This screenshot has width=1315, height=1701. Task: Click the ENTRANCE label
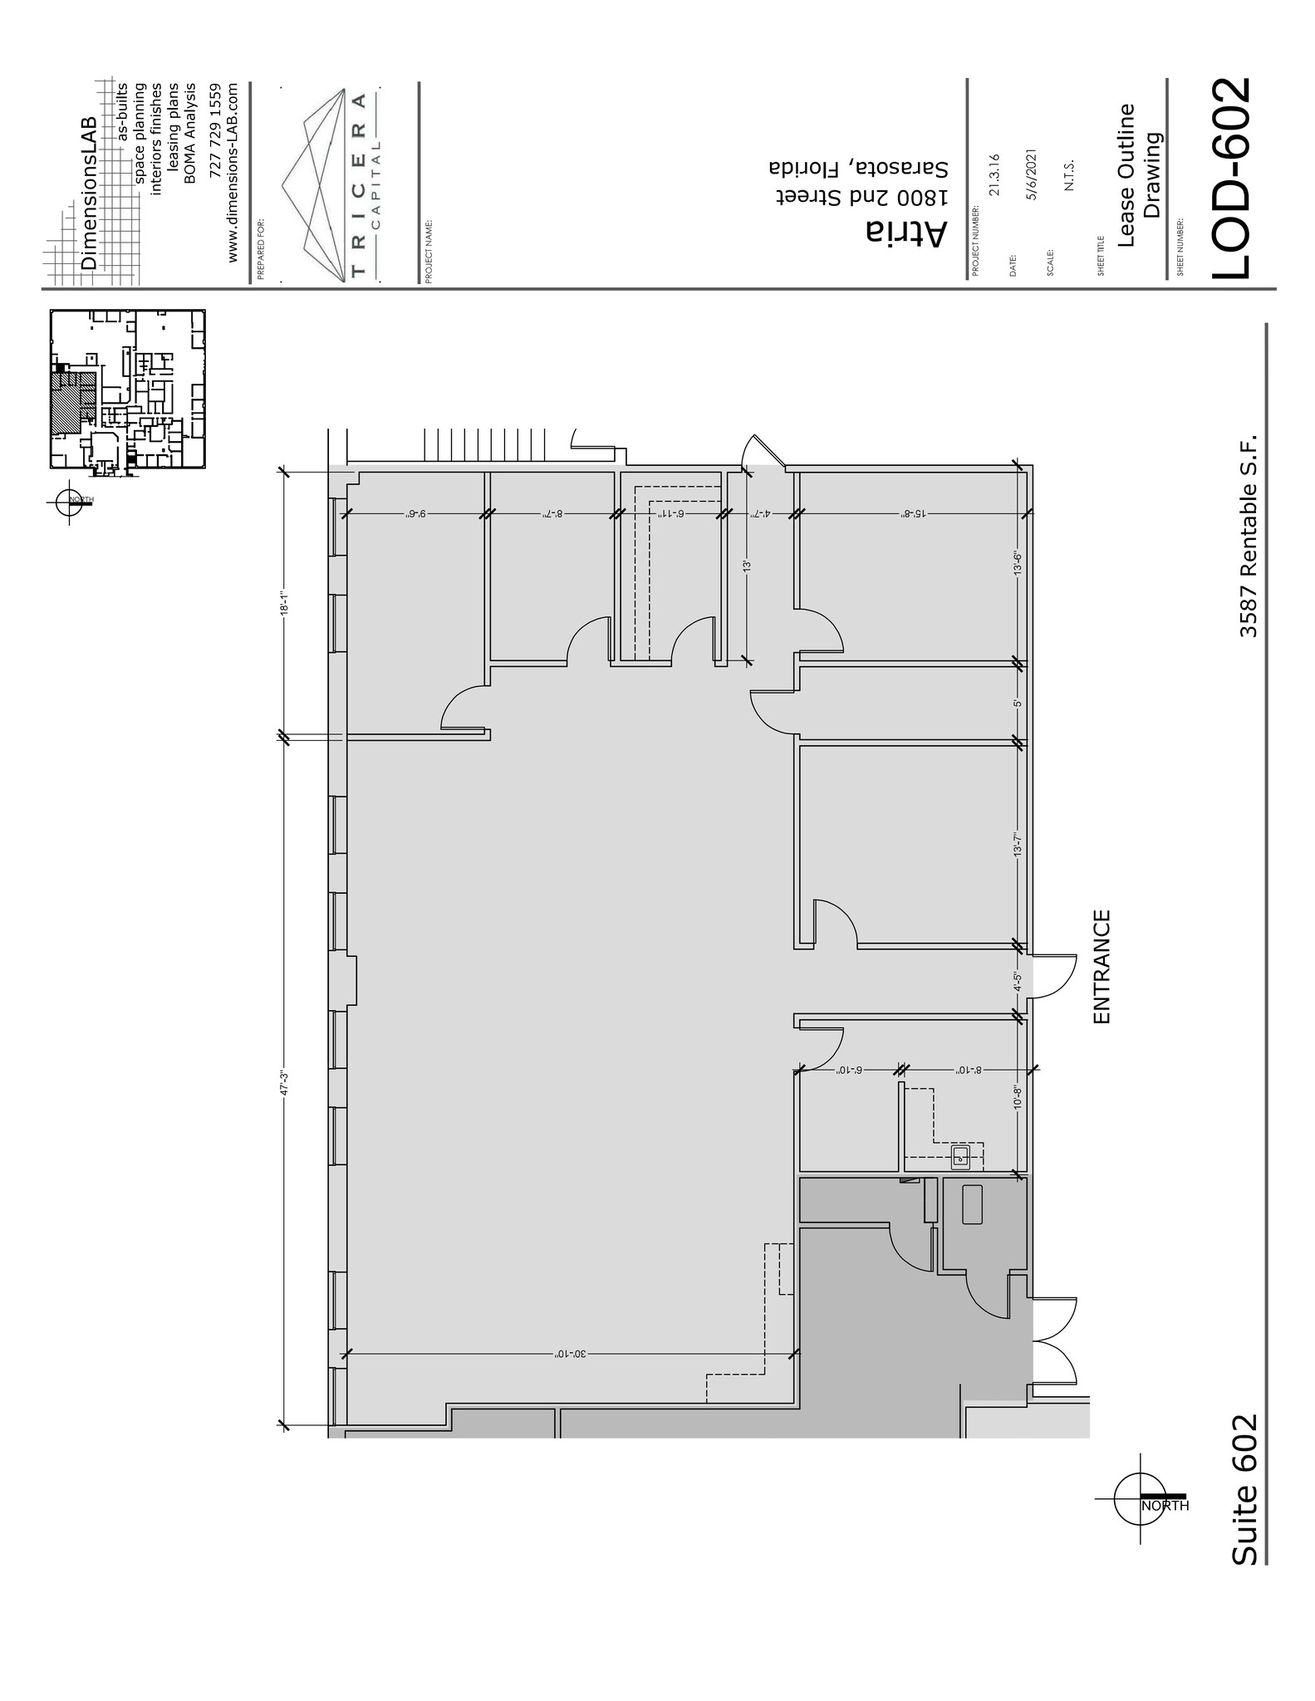pos(1102,967)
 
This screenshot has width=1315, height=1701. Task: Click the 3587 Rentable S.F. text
pos(1249,535)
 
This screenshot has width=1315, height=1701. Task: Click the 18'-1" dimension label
pos(283,604)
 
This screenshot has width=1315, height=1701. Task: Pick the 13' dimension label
pos(746,566)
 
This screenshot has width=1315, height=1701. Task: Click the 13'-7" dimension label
pos(1017,844)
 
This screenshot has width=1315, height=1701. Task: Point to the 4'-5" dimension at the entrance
pos(1017,983)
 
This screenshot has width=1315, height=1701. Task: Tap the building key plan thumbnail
pos(127,390)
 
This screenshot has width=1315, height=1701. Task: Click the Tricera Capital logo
pos(328,184)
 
